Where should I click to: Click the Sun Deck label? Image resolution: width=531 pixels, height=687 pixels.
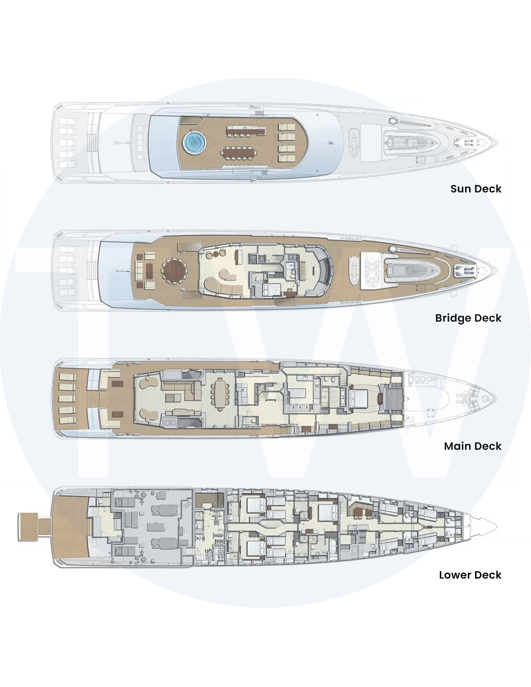[x=476, y=189]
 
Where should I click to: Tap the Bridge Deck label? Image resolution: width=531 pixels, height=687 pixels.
[x=468, y=318]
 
